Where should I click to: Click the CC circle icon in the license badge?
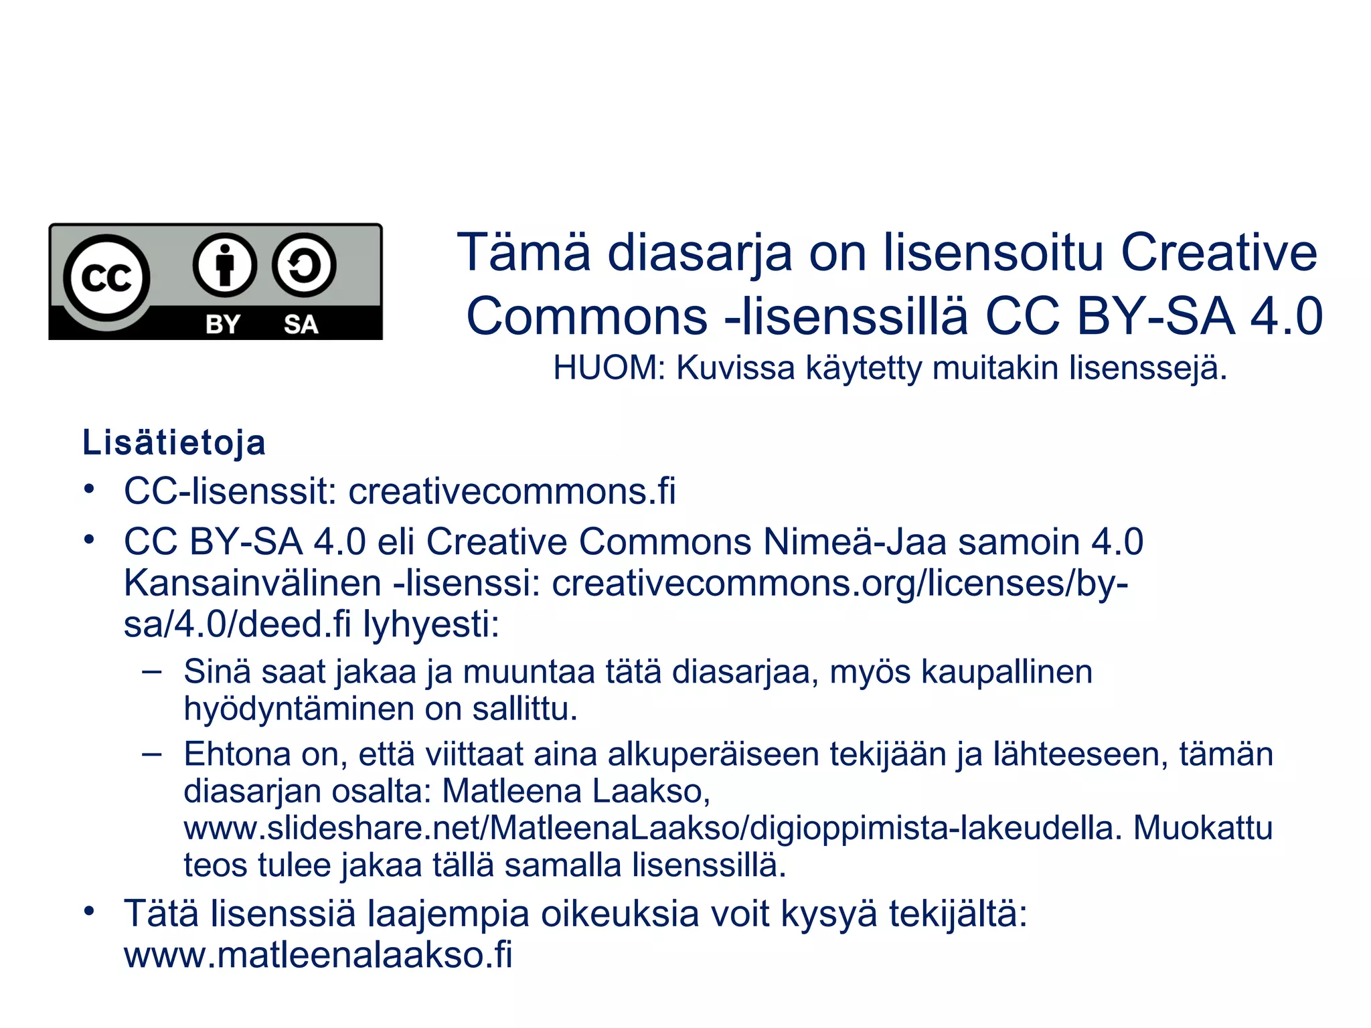pyautogui.click(x=106, y=277)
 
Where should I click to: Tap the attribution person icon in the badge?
pyautogui.click(x=225, y=265)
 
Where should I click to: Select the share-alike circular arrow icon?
pyautogui.click(x=304, y=265)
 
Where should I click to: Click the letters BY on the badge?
pyautogui.click(x=223, y=325)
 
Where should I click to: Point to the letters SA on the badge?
pyautogui.click(x=301, y=325)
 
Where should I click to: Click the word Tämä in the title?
pyautogui.click(x=524, y=252)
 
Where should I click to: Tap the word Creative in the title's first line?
pyautogui.click(x=1218, y=252)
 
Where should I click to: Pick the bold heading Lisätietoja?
pyautogui.click(x=174, y=442)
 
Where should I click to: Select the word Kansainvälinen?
pyautogui.click(x=252, y=583)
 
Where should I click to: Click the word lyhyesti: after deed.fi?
pyautogui.click(x=431, y=624)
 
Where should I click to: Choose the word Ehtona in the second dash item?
pyautogui.click(x=237, y=754)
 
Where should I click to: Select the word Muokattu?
pyautogui.click(x=1202, y=828)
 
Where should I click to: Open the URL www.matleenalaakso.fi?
pyautogui.click(x=318, y=954)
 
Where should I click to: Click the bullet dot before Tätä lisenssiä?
pyautogui.click(x=89, y=912)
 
